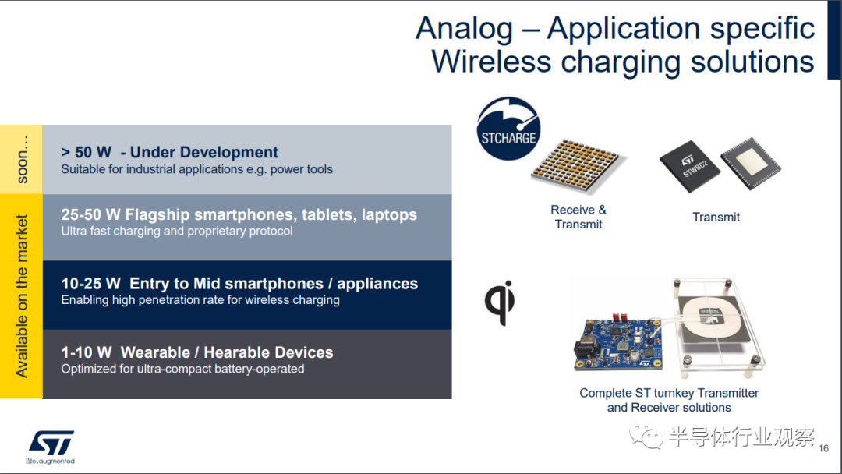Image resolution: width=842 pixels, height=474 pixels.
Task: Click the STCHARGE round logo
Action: tap(508, 129)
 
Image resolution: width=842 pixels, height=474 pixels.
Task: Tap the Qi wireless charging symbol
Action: tap(500, 302)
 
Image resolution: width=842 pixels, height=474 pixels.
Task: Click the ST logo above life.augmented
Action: tap(51, 442)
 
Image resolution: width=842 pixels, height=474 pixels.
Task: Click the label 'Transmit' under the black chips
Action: tap(716, 217)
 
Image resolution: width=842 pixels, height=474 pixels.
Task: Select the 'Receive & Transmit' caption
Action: tap(578, 217)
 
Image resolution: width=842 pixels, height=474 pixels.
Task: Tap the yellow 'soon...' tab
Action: tap(22, 160)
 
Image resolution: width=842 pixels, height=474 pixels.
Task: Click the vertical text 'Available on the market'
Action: tap(22, 296)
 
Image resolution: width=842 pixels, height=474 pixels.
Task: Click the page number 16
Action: tap(824, 448)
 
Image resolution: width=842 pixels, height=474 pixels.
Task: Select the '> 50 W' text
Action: tap(87, 153)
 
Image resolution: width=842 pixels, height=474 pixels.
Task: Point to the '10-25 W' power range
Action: tap(90, 284)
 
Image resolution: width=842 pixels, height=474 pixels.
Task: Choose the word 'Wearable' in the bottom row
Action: tap(155, 352)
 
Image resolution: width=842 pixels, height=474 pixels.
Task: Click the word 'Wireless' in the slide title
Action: tap(491, 61)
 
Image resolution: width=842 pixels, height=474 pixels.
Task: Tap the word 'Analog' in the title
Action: tap(465, 29)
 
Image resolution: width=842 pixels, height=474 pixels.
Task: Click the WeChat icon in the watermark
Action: tap(646, 437)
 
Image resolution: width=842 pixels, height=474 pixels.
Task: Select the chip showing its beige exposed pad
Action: tap(751, 163)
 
